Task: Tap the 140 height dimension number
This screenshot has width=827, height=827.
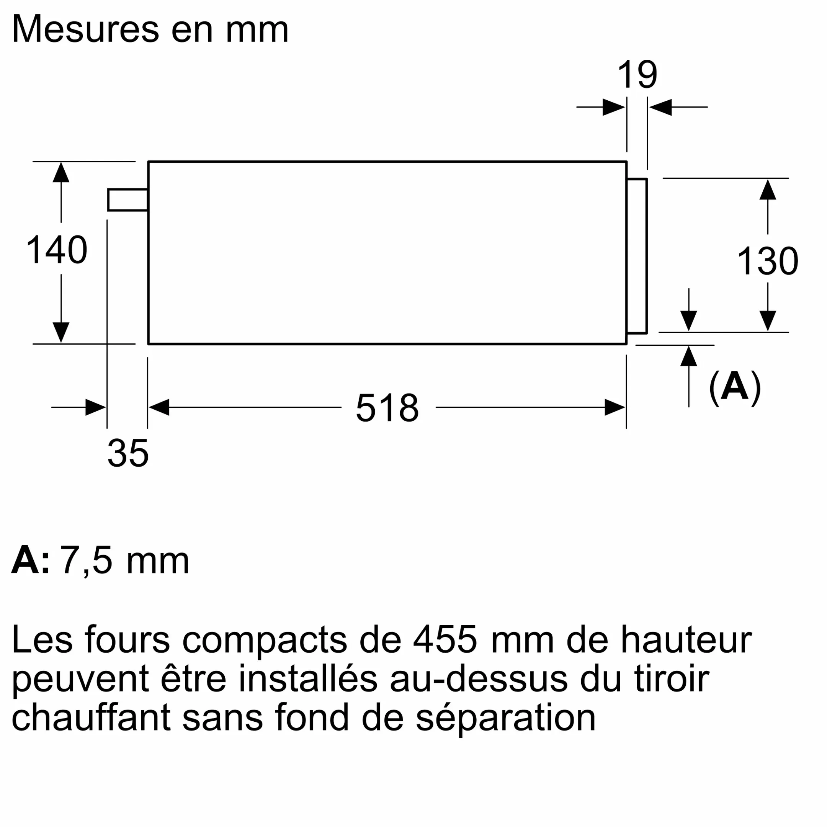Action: (x=57, y=250)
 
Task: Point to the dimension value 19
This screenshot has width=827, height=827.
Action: (x=637, y=75)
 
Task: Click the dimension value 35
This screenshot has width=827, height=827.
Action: (x=127, y=453)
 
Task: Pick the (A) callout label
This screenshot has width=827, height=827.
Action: (x=735, y=387)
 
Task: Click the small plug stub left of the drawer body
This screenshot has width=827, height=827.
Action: (x=127, y=200)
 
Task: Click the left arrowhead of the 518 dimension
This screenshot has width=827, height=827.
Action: (x=159, y=407)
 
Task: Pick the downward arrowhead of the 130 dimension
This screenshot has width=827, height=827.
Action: (x=768, y=320)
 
